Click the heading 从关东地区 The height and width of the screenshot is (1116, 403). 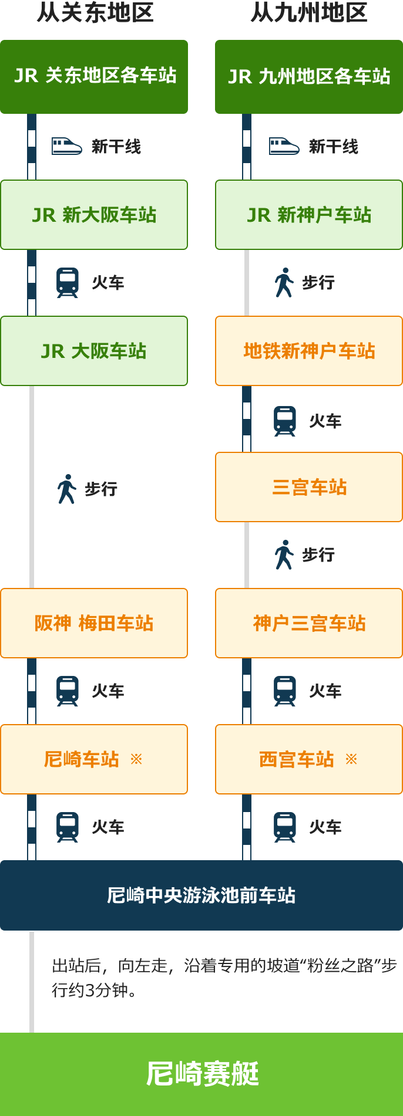95,12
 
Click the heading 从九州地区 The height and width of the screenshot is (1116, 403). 309,12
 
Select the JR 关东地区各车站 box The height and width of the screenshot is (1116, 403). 94,77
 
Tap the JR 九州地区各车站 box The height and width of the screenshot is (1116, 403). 309,77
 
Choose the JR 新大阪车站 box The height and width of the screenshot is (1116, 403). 94,215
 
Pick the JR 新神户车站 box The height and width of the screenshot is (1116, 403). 309,215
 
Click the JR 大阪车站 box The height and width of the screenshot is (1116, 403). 94,351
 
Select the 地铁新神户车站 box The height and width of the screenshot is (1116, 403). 309,351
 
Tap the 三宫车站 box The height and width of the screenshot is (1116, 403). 309,487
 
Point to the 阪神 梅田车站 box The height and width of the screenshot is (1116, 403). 94,623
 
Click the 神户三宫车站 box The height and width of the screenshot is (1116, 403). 309,623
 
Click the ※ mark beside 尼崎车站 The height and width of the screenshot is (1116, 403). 136,759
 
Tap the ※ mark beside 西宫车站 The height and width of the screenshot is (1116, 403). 351,759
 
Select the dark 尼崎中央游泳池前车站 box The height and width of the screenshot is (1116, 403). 201,895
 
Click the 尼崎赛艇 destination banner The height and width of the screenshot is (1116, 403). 201,1074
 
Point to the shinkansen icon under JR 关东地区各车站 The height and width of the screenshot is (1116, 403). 67,146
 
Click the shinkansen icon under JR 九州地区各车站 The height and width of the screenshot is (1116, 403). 284,146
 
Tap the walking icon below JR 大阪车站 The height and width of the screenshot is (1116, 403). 67,489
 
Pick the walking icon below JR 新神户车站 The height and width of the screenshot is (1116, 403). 284,282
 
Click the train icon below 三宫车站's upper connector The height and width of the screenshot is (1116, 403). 285,421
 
